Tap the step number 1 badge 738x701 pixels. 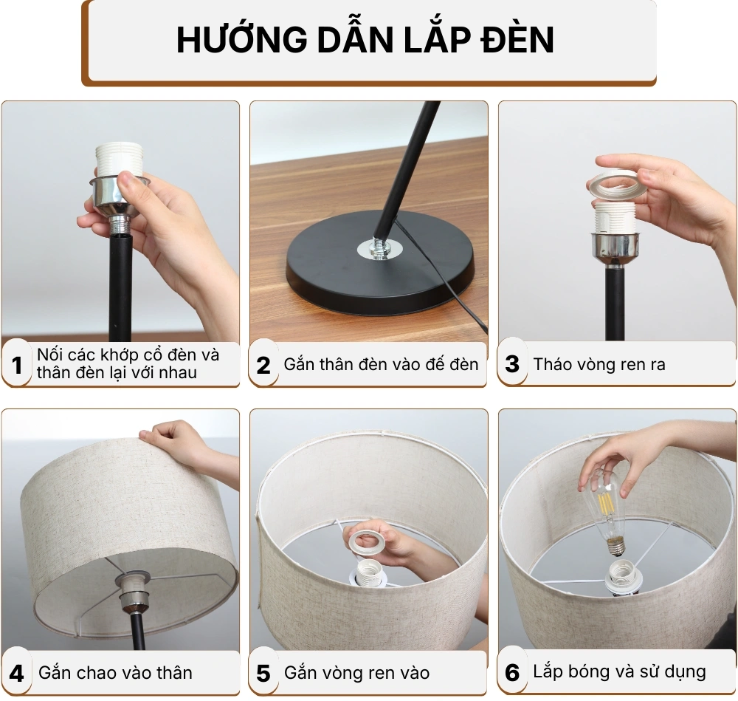[x=17, y=364]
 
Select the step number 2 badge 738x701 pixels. [x=263, y=364]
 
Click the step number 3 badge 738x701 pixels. [x=512, y=364]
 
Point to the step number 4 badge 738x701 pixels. [x=17, y=673]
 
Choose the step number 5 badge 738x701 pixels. [x=263, y=673]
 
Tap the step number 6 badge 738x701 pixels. [x=512, y=673]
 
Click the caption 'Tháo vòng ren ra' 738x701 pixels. [x=599, y=364]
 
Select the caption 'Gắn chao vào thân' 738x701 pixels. [x=115, y=673]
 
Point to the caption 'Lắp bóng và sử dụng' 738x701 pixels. [x=619, y=672]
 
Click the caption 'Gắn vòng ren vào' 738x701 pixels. [x=356, y=673]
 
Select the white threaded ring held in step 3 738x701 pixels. [x=615, y=185]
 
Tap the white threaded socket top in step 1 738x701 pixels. [x=117, y=159]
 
